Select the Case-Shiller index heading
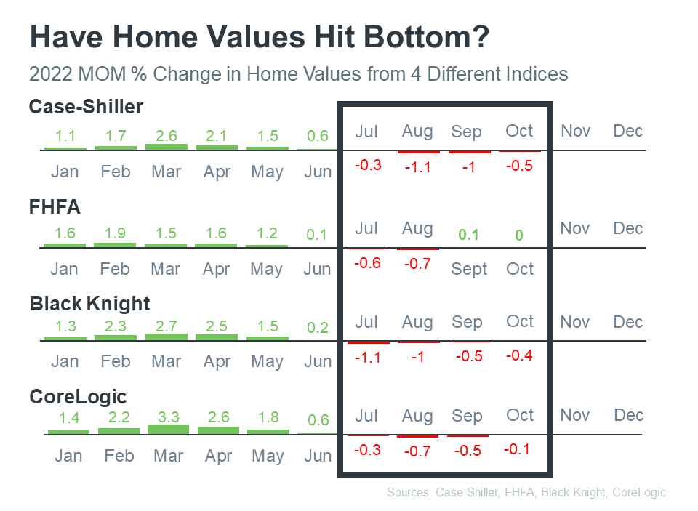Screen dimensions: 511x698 coord(86,107)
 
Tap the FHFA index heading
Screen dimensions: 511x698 coord(55,207)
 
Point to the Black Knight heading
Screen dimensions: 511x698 coord(90,303)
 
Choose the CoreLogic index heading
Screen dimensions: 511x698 coord(78,397)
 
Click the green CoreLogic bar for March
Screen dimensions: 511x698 coord(168,430)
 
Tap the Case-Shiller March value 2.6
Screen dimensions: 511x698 coord(166,135)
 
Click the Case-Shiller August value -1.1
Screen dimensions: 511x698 coord(417,166)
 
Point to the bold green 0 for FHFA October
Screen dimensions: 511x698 coord(519,236)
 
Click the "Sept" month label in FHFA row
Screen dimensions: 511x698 coord(469,270)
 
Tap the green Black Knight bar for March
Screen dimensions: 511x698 coord(166,337)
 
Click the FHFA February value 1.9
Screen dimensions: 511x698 coord(115,233)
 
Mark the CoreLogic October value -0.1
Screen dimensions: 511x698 coord(517,449)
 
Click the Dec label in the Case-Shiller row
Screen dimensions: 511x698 coord(628,131)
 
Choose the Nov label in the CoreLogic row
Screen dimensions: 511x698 coord(575,415)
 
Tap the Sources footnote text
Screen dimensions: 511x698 coord(526,493)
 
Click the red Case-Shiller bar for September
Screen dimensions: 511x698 coord(469,152)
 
